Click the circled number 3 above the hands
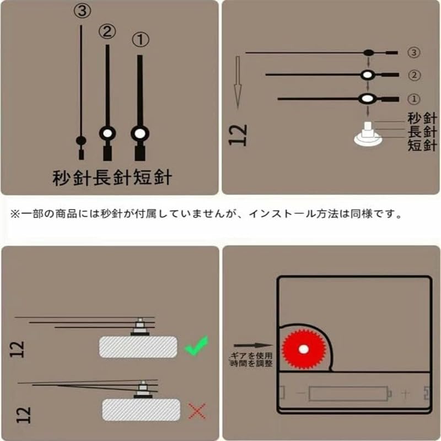point(82,10)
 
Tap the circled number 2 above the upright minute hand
point(107,31)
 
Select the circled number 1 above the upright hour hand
point(141,40)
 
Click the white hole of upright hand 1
point(140,133)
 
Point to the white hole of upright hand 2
point(107,133)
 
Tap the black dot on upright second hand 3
point(81,140)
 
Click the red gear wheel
point(304,349)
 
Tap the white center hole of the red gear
point(304,349)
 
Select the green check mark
point(197,346)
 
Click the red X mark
point(197,411)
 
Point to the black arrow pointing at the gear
point(253,346)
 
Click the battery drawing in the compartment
point(350,394)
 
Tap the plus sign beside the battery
point(405,394)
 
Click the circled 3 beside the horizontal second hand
point(413,52)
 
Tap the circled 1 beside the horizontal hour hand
point(413,99)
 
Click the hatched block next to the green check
point(138,347)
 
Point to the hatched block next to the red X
point(141,410)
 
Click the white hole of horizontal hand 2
point(367,75)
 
